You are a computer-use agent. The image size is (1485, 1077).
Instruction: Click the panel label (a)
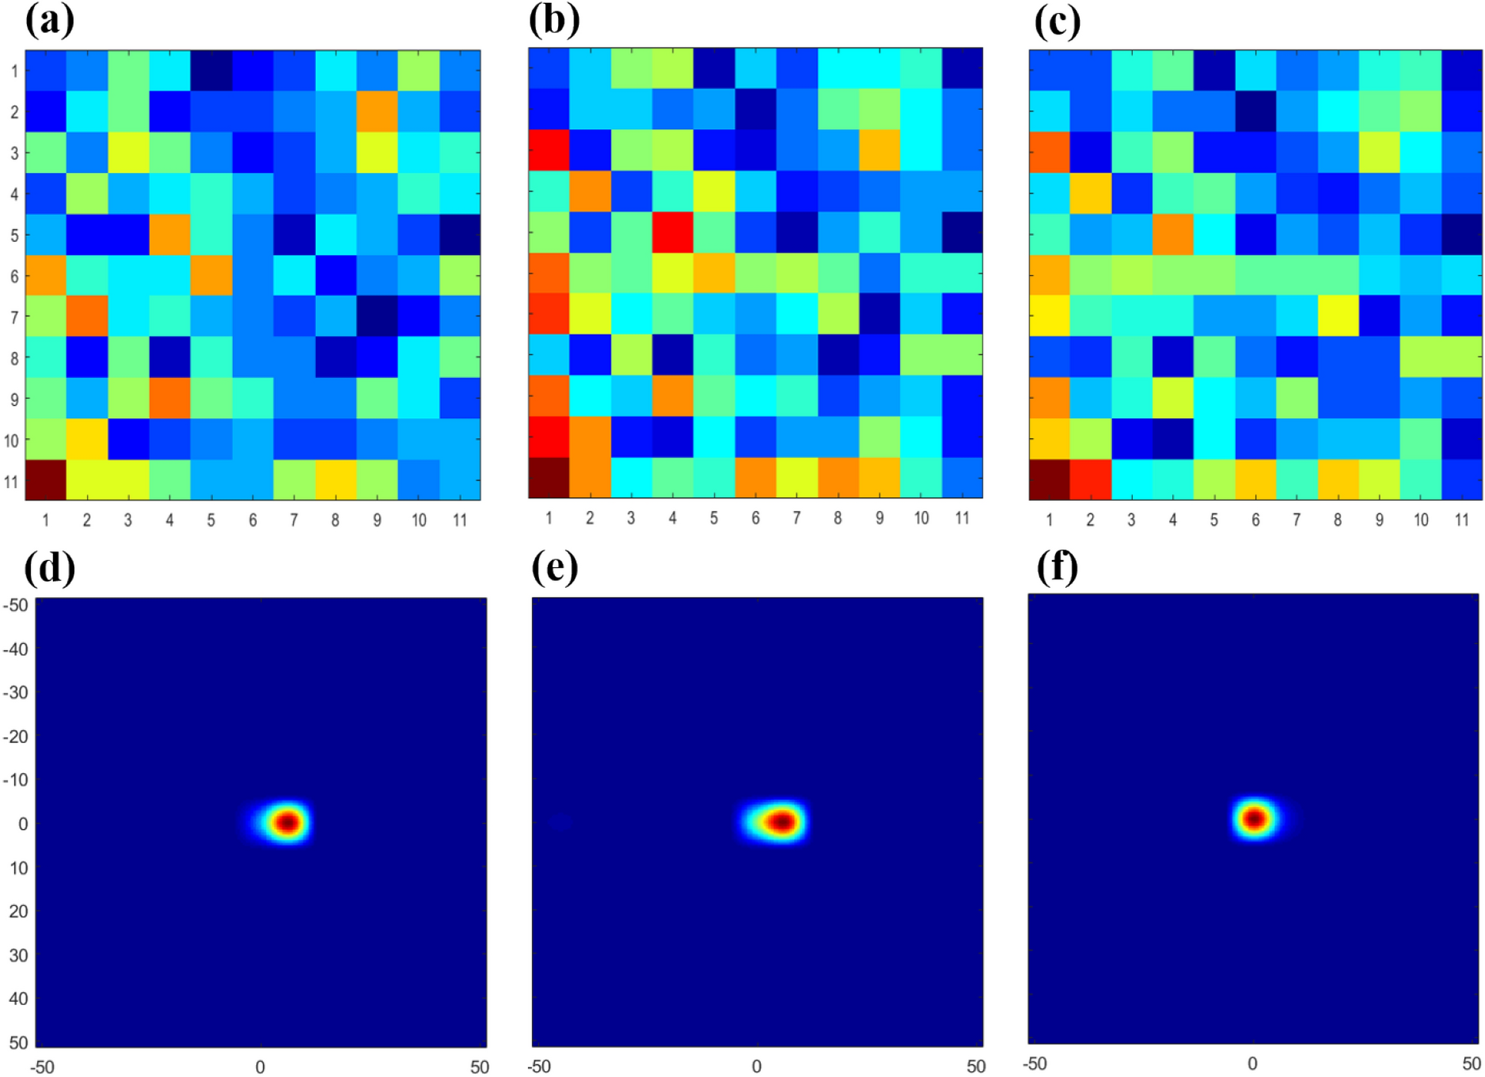[x=49, y=21]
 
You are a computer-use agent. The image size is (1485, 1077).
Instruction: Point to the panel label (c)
[x=1057, y=21]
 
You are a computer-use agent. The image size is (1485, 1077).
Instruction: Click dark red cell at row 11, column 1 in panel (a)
[x=46, y=479]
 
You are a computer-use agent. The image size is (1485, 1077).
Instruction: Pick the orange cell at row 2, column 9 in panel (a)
[x=377, y=112]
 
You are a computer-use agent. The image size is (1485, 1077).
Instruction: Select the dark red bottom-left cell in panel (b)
[x=549, y=478]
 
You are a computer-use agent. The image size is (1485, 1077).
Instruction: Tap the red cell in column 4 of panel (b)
[x=672, y=232]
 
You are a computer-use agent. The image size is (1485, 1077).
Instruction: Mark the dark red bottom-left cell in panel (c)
[x=1049, y=479]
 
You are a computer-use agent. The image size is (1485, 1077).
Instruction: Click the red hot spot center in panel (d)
[x=288, y=822]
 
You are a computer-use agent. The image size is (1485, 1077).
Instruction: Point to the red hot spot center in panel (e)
[x=783, y=822]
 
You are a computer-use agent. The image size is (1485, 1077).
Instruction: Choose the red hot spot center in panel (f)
[x=1255, y=819]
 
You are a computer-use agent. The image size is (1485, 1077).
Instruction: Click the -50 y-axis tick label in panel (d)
[x=16, y=604]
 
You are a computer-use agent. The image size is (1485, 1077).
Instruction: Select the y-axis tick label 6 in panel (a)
[x=14, y=276]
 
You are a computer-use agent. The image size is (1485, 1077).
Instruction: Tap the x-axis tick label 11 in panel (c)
[x=1461, y=519]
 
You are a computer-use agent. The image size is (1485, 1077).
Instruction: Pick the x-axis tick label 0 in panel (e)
[x=756, y=1066]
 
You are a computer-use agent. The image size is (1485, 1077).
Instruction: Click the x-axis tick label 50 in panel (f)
[x=1471, y=1064]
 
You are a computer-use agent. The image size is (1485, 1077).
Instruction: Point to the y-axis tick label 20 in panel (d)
[x=18, y=911]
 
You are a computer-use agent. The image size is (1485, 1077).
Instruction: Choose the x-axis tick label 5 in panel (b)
[x=714, y=518]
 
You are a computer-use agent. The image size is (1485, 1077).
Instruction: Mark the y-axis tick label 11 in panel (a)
[x=12, y=481]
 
